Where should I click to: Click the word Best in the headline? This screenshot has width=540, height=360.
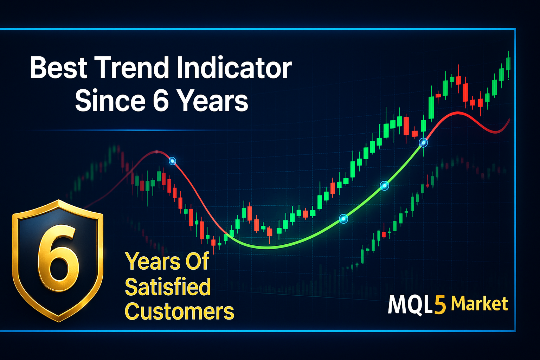click(58, 67)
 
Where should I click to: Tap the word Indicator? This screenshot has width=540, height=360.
click(234, 67)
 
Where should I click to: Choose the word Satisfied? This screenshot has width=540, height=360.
click(168, 287)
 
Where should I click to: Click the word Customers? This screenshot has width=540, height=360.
click(179, 311)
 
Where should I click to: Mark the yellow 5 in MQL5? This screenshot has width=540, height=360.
click(440, 305)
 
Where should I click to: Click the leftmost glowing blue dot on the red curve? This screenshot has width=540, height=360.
click(172, 161)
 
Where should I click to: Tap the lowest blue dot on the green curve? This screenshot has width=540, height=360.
click(343, 219)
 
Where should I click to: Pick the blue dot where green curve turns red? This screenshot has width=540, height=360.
click(423, 143)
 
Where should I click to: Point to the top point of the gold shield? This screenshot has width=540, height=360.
click(59, 200)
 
